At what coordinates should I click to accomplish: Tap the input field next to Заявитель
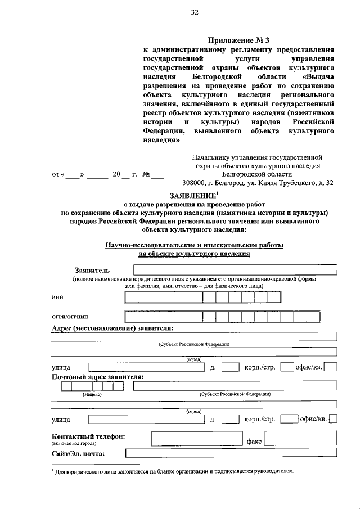point(235,271)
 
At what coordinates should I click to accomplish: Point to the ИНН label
point(57,298)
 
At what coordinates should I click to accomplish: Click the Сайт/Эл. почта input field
point(231,454)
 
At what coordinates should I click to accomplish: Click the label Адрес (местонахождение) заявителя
point(112,328)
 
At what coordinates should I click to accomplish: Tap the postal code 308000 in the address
point(194,183)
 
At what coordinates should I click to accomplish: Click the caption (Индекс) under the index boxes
point(92,394)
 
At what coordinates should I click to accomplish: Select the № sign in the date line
point(145,174)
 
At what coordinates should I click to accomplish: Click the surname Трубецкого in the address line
point(291,183)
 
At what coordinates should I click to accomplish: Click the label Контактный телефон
point(88,436)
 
